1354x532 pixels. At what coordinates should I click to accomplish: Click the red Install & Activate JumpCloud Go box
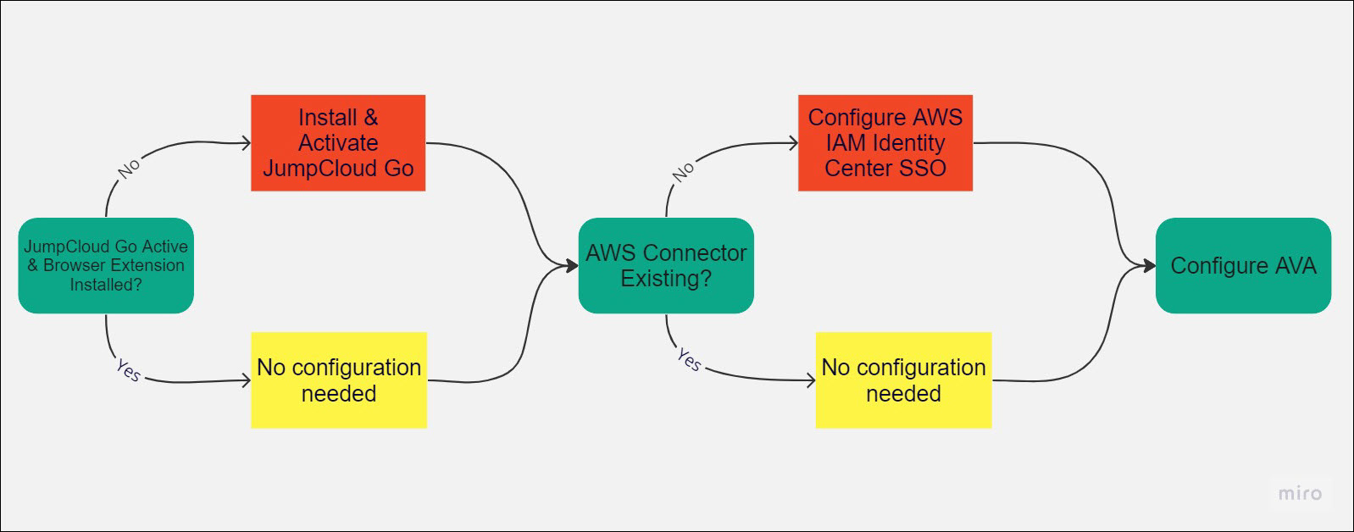(338, 142)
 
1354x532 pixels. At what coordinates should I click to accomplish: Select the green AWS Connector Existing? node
(666, 265)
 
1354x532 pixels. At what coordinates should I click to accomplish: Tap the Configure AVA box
(1243, 265)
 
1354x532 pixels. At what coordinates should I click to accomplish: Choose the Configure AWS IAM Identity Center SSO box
(885, 142)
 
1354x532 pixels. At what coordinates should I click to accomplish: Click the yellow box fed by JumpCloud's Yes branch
(339, 380)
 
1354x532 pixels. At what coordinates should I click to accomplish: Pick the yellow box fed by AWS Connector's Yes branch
(903, 380)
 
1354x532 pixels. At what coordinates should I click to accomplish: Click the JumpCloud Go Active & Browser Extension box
(106, 265)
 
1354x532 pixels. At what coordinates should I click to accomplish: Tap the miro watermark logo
(1300, 493)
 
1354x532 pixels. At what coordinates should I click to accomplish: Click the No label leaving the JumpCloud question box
(129, 169)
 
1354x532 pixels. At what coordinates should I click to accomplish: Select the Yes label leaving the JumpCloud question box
(129, 370)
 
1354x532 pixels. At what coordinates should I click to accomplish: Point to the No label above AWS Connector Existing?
(684, 171)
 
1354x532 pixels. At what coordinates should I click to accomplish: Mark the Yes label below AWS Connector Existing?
(690, 361)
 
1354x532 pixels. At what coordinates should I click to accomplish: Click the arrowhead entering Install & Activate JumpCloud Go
(247, 143)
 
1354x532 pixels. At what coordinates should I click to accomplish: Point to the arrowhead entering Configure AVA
(1150, 266)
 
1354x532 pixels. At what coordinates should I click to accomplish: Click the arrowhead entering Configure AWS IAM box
(794, 143)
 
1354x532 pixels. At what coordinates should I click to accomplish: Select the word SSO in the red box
(923, 169)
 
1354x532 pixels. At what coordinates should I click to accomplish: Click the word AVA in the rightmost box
(1296, 266)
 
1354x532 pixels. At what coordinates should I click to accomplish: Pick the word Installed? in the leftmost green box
(106, 285)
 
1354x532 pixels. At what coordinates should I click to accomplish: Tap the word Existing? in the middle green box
(666, 279)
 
